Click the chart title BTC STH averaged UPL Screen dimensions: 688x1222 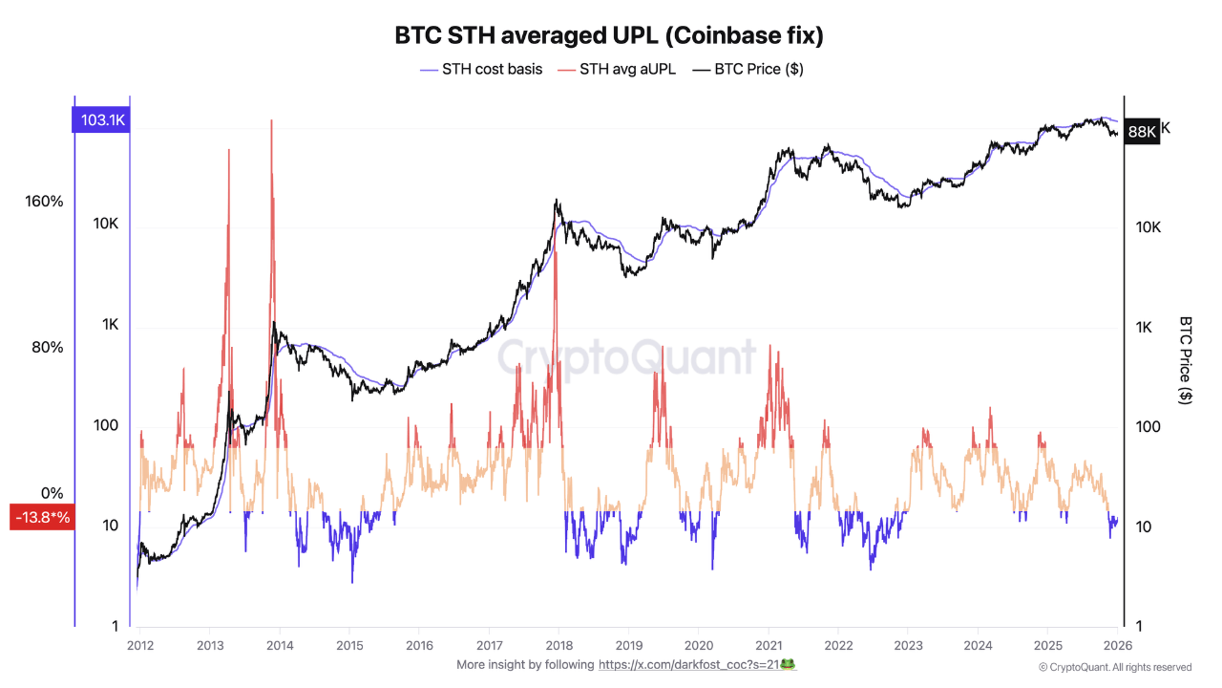click(609, 36)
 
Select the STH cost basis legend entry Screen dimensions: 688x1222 click(491, 69)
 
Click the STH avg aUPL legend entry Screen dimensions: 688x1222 click(626, 69)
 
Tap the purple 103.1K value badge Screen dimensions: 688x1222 click(102, 120)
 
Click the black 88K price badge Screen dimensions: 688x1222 click(1141, 132)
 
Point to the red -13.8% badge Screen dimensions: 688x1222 click(42, 517)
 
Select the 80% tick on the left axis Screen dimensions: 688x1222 click(48, 347)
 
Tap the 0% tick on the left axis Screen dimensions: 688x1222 click(52, 493)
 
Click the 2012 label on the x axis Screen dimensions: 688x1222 click(139, 645)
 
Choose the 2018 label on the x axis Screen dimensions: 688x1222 click(558, 645)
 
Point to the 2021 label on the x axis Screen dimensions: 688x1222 click(769, 645)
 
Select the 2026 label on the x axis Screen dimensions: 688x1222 click(1118, 645)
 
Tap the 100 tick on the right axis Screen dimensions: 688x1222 click(1148, 426)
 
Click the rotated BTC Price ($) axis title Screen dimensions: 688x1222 click(1186, 360)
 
